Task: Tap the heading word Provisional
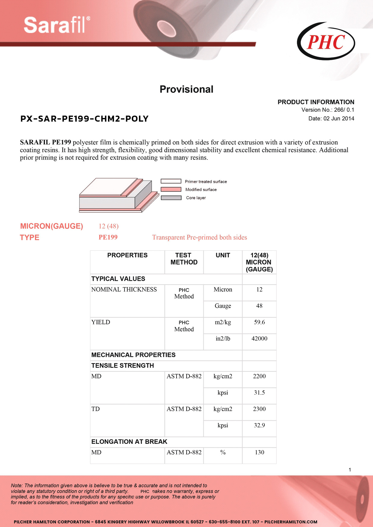tap(186, 89)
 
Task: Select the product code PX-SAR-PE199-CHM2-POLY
tap(85, 119)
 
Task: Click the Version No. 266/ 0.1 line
tap(328, 110)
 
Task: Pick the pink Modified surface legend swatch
tap(171, 189)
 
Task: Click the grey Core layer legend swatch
tap(171, 198)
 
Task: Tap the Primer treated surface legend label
tap(206, 182)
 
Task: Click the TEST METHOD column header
tap(184, 259)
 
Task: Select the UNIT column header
tap(223, 255)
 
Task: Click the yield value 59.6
tap(259, 322)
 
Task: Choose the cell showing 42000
tap(259, 338)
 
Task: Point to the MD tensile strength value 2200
tap(259, 376)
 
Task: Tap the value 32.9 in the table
tap(259, 425)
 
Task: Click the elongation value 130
tap(259, 452)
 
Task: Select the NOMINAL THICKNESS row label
tap(124, 289)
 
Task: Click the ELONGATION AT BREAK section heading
tap(129, 442)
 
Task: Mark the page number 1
tap(350, 470)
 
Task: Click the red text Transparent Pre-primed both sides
tap(199, 237)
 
